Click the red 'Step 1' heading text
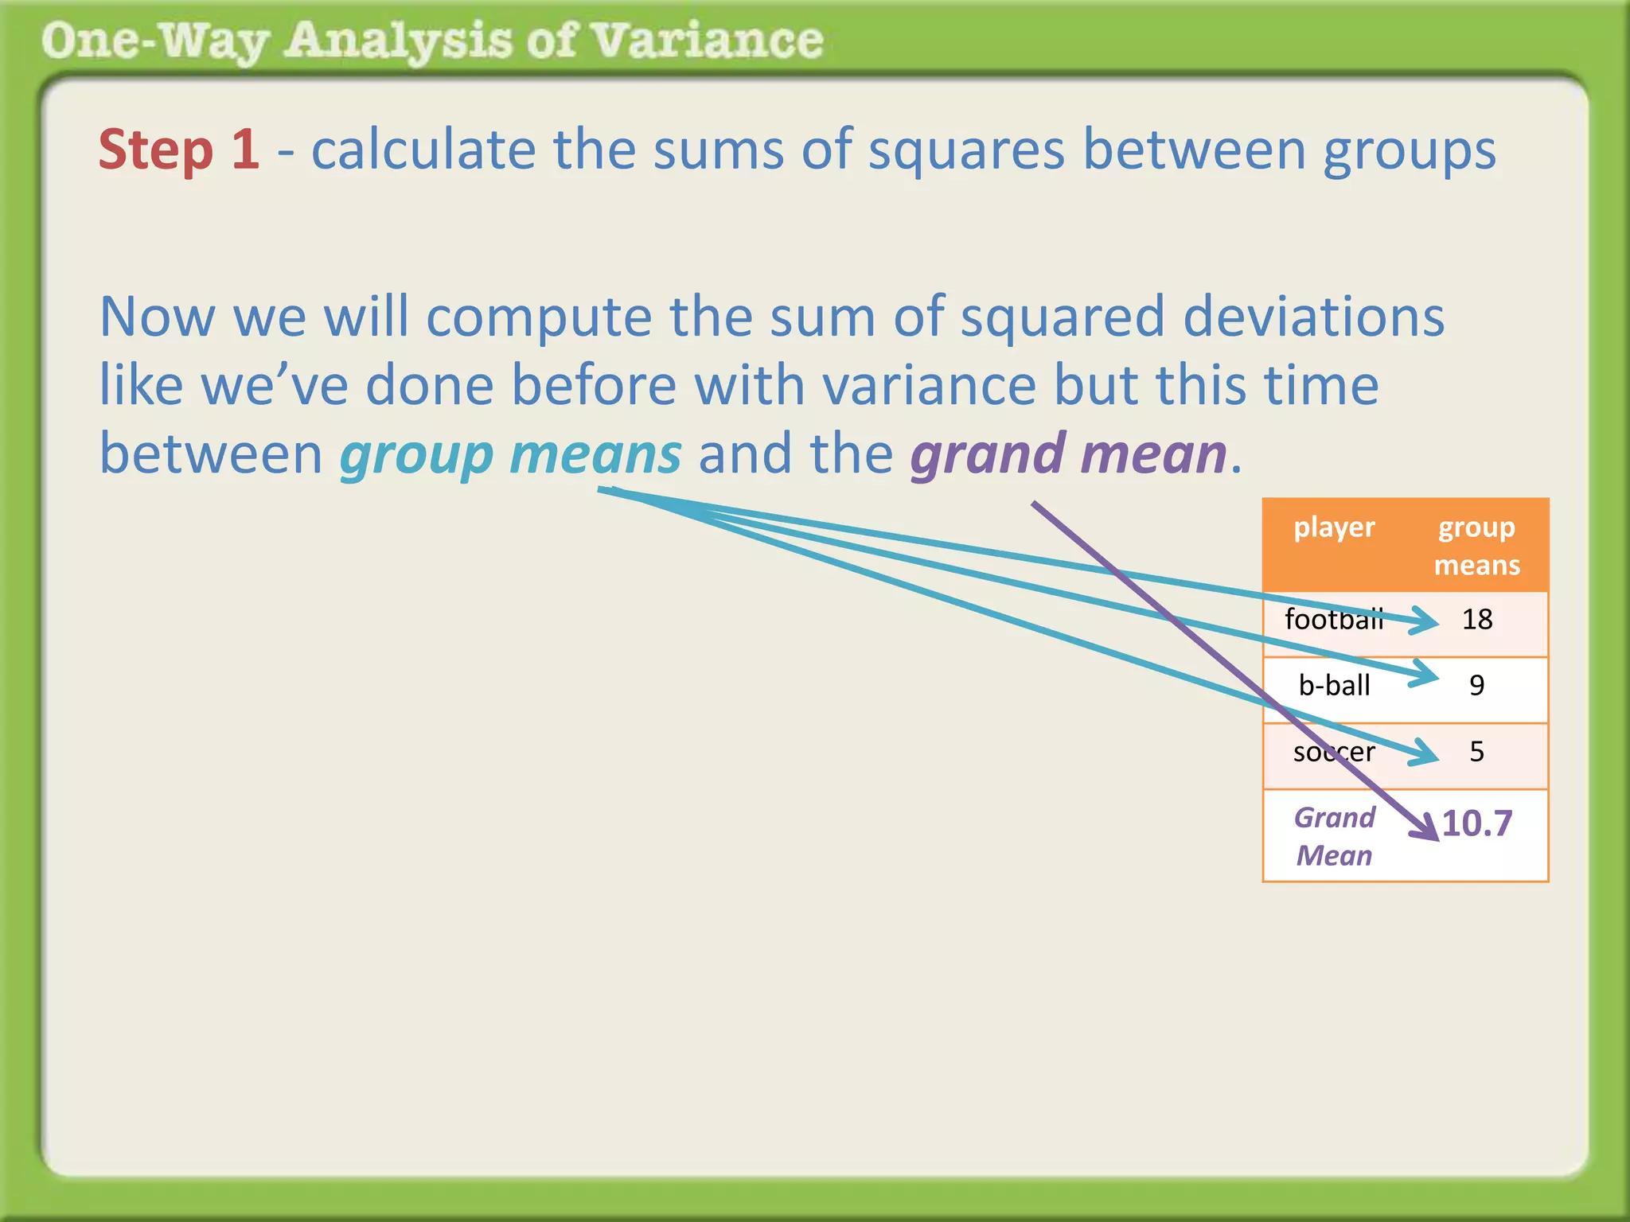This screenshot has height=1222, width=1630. click(178, 150)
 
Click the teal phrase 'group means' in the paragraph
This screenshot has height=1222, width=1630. click(510, 454)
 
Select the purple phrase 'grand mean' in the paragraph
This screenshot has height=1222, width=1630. click(1068, 454)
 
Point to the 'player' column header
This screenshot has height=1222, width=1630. click(1334, 527)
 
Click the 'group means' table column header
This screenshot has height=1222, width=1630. click(1476, 546)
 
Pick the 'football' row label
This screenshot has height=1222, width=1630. click(1333, 619)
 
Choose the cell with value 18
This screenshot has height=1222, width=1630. click(1477, 619)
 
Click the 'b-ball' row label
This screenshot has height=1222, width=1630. click(1334, 685)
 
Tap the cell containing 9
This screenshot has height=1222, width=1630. click(1477, 685)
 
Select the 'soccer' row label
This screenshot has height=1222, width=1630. click(1334, 751)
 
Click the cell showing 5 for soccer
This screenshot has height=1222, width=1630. click(1477, 751)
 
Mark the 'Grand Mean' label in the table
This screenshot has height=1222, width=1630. click(1334, 836)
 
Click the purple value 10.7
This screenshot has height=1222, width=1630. click(1477, 823)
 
